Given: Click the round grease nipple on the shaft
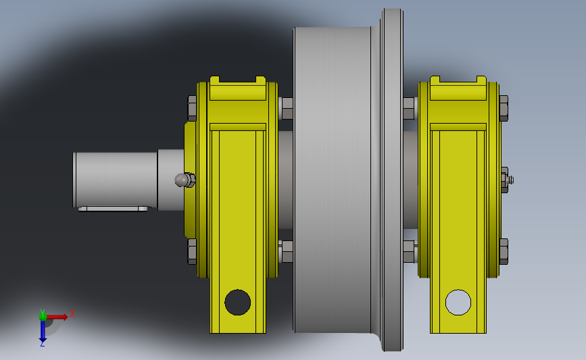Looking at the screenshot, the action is click(x=182, y=180).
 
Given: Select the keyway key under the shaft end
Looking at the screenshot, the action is click(x=114, y=209).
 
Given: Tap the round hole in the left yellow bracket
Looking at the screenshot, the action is click(x=238, y=302).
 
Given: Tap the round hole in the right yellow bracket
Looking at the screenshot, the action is click(x=458, y=302).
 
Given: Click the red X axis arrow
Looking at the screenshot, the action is click(x=57, y=317).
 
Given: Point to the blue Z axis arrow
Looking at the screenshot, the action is click(x=43, y=331).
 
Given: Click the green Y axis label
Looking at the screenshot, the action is click(x=43, y=312).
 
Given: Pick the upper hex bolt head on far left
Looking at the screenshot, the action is click(x=192, y=108).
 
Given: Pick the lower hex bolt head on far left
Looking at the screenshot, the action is click(x=192, y=252).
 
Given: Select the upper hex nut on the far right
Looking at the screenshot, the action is click(x=504, y=108).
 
